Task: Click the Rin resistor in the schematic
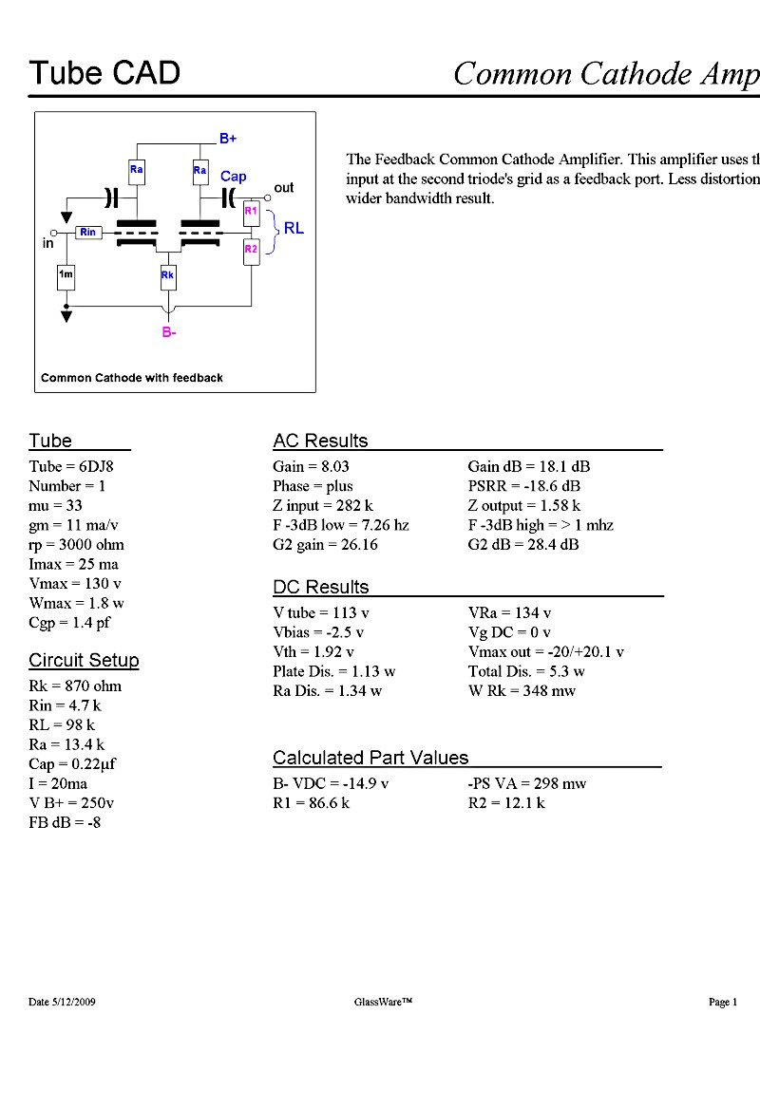tap(88, 232)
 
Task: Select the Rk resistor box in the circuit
tap(167, 275)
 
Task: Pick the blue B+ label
tap(228, 139)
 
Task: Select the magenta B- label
tap(169, 332)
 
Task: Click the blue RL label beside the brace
tap(294, 228)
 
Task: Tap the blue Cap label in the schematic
tap(234, 177)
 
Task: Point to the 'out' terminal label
tap(283, 188)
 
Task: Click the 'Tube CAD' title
tap(104, 73)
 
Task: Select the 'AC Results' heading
tap(320, 441)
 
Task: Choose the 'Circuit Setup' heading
tap(84, 660)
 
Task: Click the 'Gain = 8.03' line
tap(311, 466)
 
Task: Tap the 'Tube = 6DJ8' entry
tap(70, 466)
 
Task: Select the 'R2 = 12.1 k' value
tap(506, 802)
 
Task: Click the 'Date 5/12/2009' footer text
tap(62, 1002)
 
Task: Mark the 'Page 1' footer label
tap(723, 1002)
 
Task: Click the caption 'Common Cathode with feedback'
tap(131, 378)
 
